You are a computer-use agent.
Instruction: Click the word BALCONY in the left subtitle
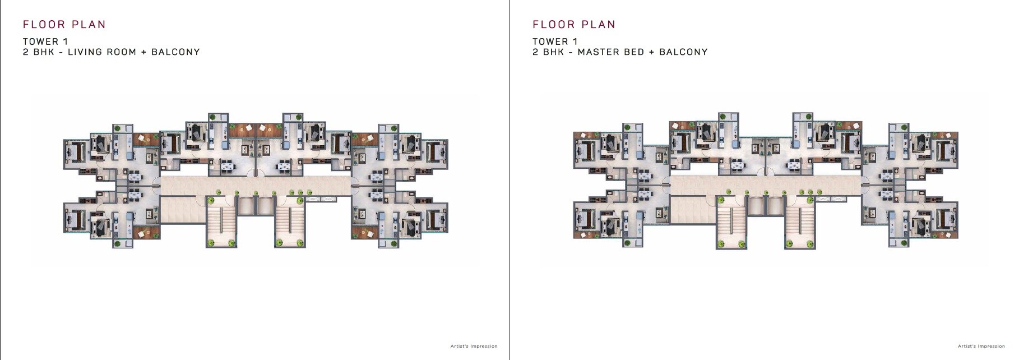(x=175, y=52)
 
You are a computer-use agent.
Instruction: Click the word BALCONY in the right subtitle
(x=683, y=52)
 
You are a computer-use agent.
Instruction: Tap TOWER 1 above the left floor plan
(x=45, y=41)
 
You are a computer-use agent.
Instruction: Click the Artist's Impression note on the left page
(x=474, y=346)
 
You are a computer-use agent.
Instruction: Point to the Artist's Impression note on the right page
(x=981, y=346)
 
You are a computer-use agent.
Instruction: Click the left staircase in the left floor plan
(x=221, y=222)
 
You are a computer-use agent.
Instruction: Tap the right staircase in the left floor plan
(x=290, y=222)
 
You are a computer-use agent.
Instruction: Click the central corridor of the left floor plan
(x=255, y=184)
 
